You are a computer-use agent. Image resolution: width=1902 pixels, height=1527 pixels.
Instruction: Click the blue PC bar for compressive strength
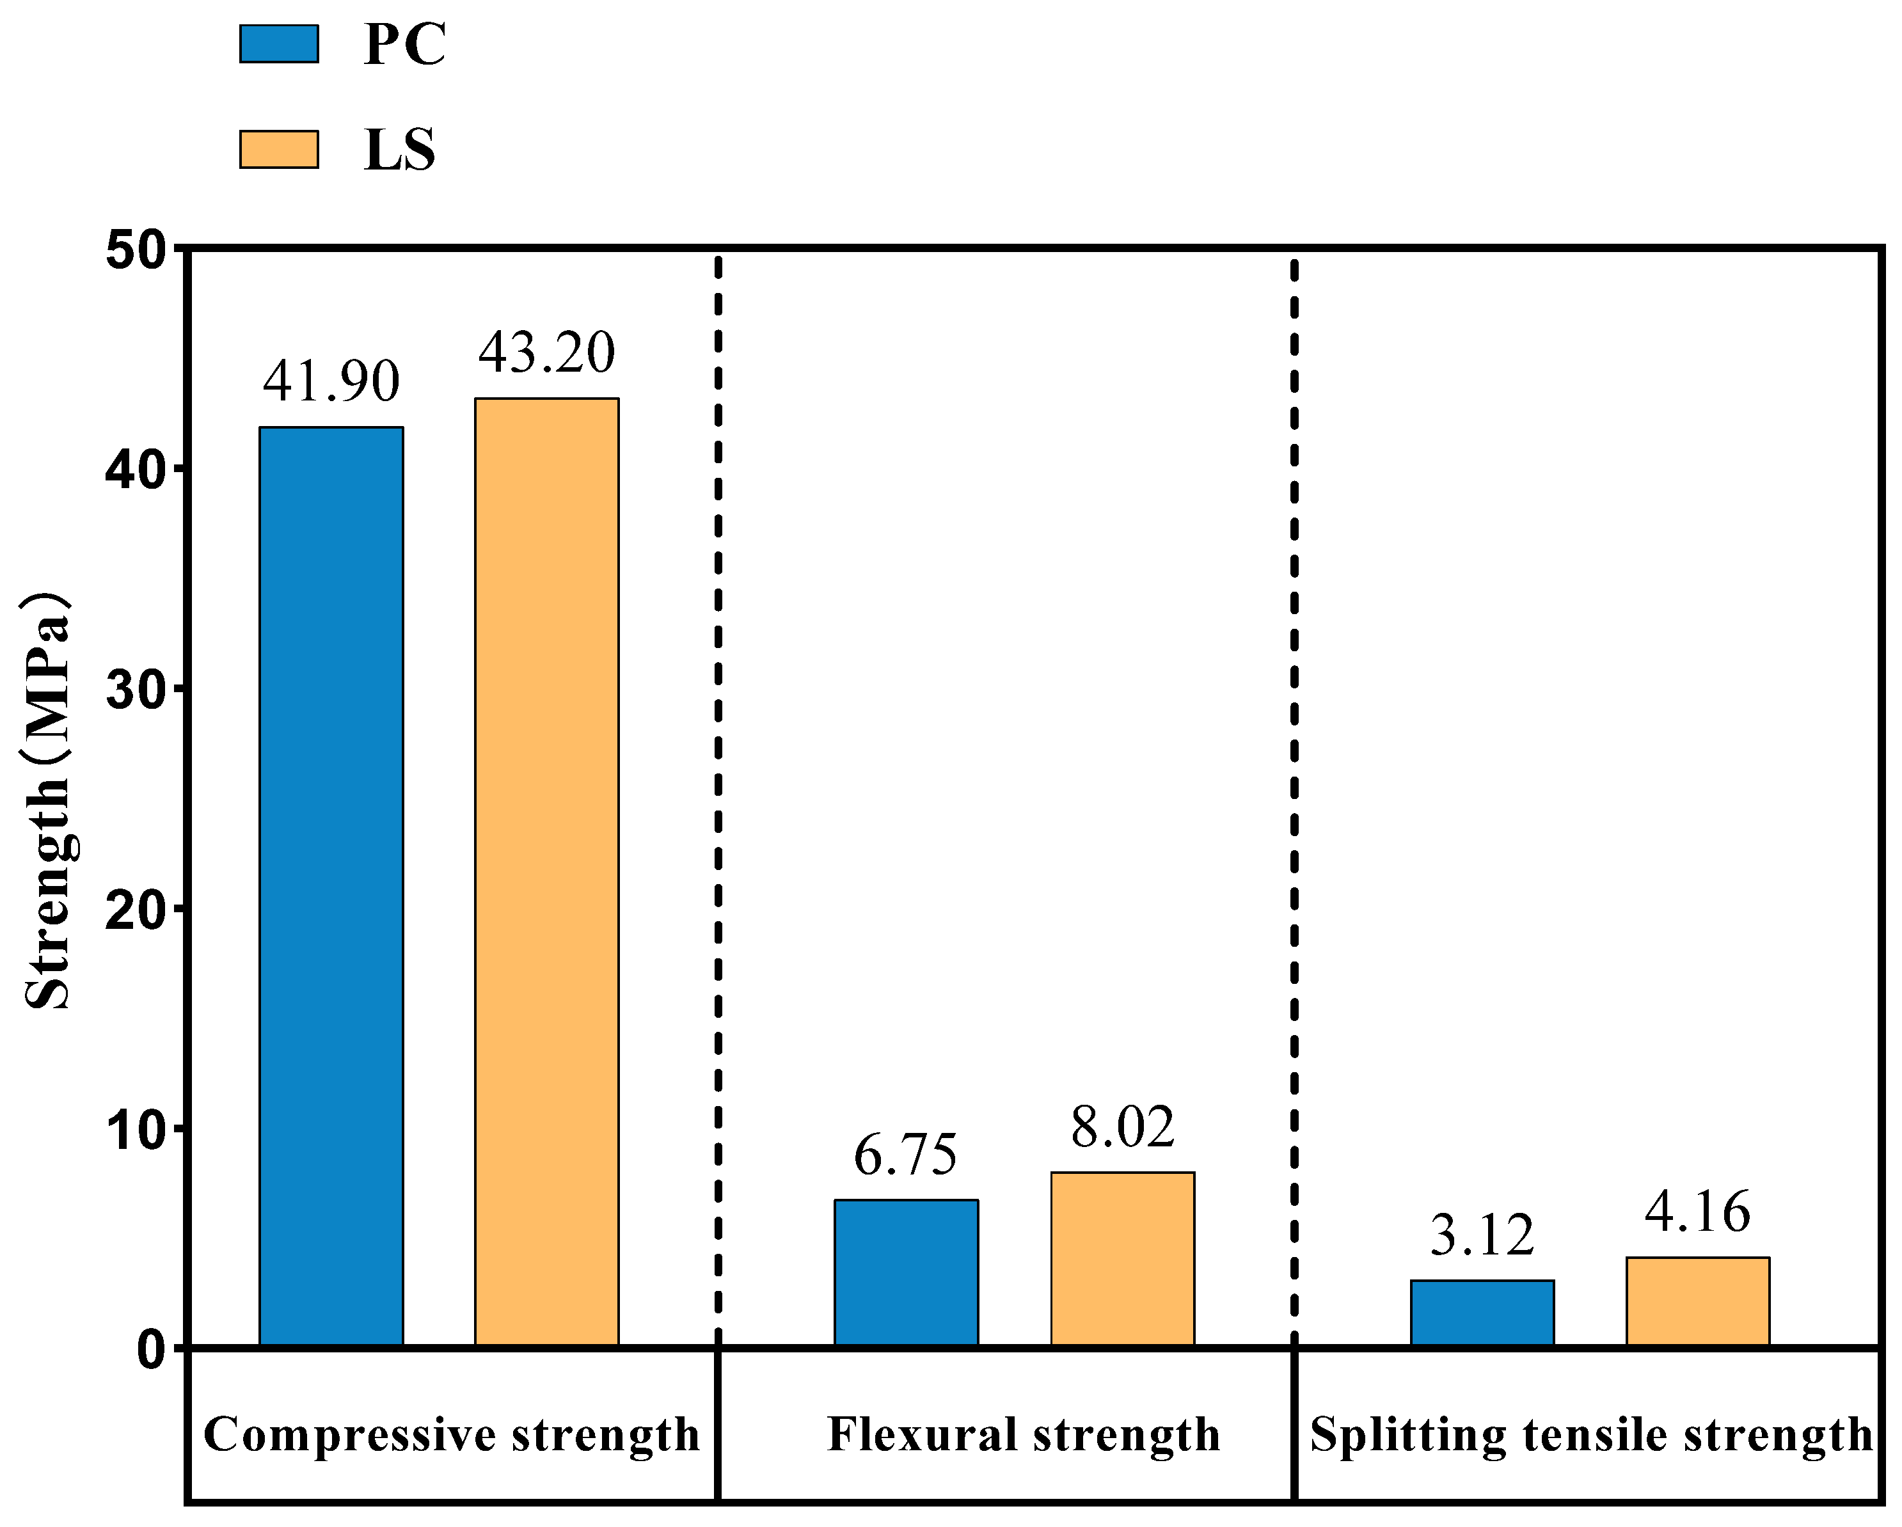tap(331, 887)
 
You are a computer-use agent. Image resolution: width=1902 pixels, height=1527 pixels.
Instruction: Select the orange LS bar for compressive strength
tap(547, 873)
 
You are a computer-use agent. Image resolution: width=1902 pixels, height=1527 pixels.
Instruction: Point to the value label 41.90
tap(331, 381)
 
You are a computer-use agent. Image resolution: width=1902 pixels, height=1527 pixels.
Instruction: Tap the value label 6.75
tap(905, 1155)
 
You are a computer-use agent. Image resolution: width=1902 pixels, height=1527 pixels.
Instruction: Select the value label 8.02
tap(1122, 1127)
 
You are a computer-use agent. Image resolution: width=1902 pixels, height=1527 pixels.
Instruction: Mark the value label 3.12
tap(1482, 1236)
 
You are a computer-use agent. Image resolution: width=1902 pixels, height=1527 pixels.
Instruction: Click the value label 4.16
tap(1697, 1212)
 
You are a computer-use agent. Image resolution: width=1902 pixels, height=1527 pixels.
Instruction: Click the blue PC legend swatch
tap(279, 44)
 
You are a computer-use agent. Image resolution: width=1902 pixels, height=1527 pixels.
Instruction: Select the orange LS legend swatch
tap(279, 149)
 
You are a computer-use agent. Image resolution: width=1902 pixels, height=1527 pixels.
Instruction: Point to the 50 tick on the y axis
tap(137, 251)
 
